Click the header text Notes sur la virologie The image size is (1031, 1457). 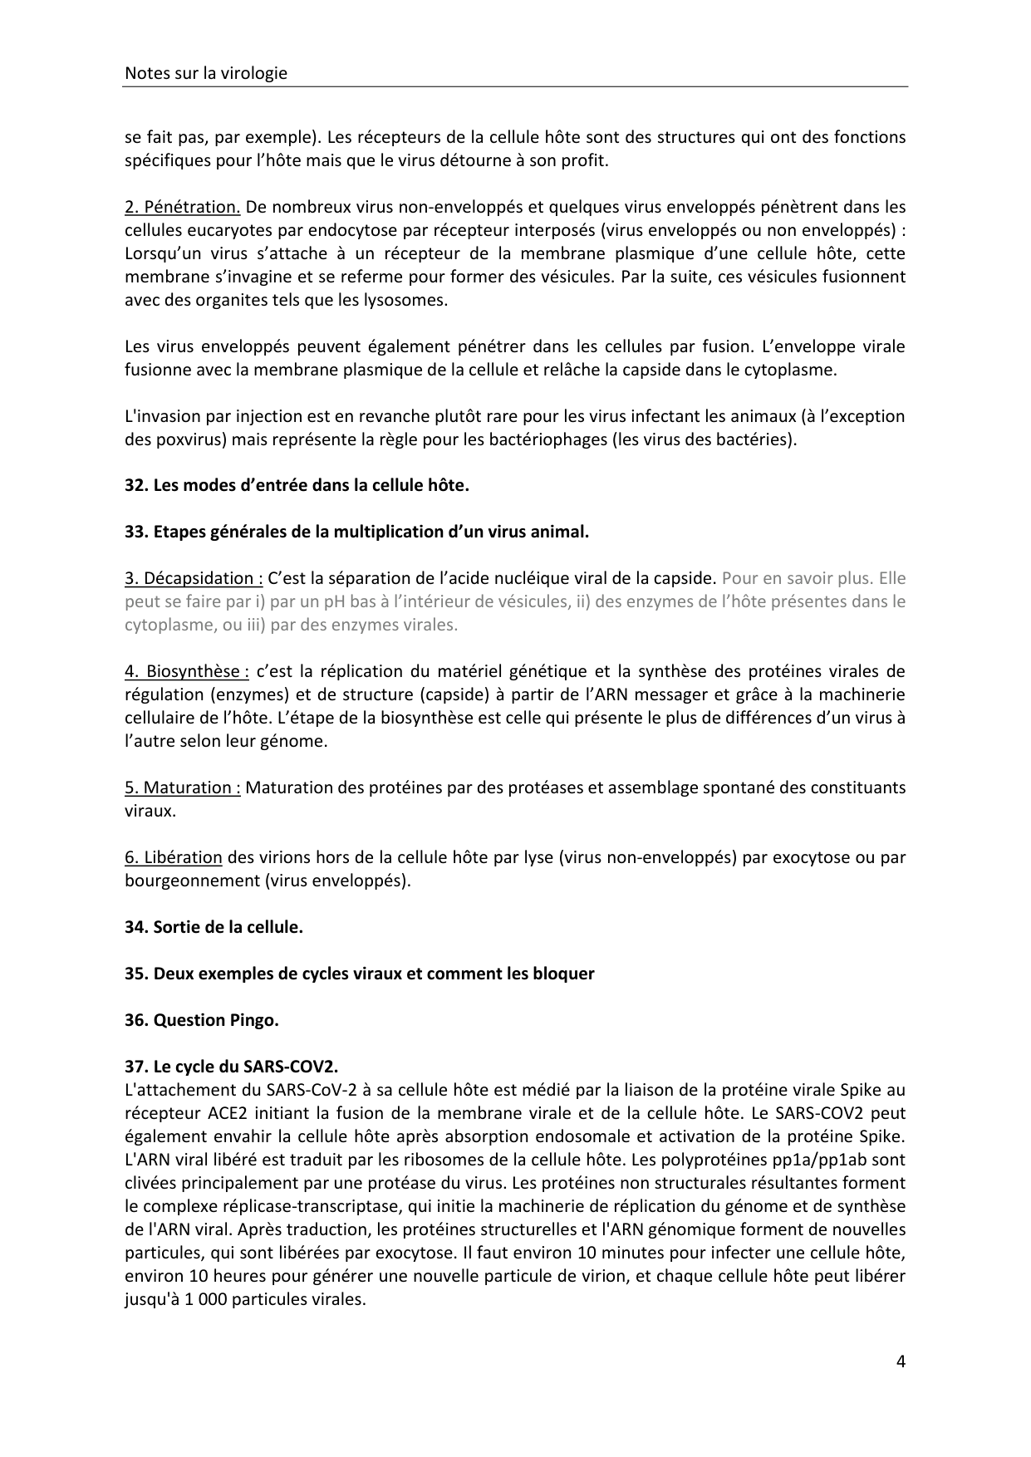click(205, 73)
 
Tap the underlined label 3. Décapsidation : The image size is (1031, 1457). click(194, 578)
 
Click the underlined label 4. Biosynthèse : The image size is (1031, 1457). click(187, 671)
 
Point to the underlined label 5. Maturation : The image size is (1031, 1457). click(182, 787)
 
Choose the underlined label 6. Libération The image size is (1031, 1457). click(173, 857)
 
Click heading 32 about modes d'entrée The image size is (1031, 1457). click(297, 485)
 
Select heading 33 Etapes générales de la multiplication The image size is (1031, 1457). click(356, 532)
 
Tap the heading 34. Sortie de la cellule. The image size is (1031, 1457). click(214, 927)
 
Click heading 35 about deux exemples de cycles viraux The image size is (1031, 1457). click(359, 974)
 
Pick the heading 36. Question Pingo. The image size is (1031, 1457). click(201, 1020)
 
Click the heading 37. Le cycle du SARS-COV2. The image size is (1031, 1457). click(231, 1067)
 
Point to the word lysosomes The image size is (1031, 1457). click(408, 300)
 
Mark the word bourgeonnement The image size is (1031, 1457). click(193, 881)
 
